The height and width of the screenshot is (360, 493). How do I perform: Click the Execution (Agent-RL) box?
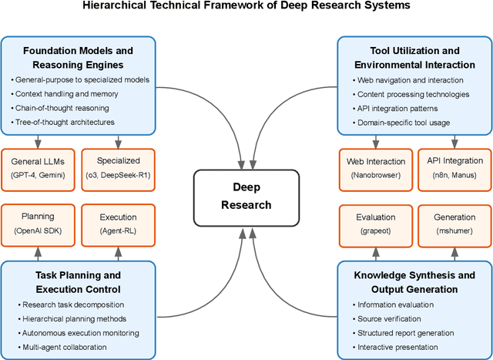(x=118, y=224)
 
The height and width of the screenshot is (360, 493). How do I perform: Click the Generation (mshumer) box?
(x=454, y=224)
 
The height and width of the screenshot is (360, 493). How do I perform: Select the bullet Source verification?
(x=382, y=318)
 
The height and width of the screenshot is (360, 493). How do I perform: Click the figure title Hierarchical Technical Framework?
(x=246, y=7)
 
